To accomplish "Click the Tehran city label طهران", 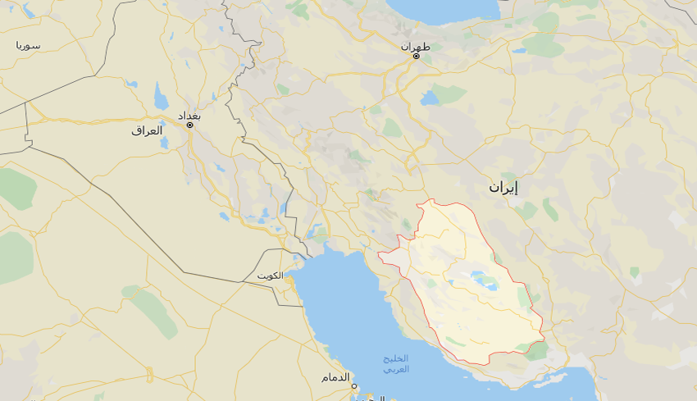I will click(416, 46).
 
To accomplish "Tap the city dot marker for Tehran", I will click(416, 57).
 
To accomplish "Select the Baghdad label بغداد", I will click(189, 115).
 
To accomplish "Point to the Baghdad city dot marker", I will click(189, 125).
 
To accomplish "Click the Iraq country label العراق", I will click(148, 130).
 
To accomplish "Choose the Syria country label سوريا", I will click(28, 45).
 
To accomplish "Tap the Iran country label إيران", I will click(503, 188).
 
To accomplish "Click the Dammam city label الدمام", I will click(335, 377).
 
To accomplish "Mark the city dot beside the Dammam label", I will click(354, 386).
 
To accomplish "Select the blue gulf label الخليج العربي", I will click(396, 364).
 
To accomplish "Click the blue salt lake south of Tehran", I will click(429, 98).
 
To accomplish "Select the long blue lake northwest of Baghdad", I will click(161, 98).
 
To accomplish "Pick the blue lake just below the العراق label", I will click(164, 144).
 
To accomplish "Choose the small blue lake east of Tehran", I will click(518, 51).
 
